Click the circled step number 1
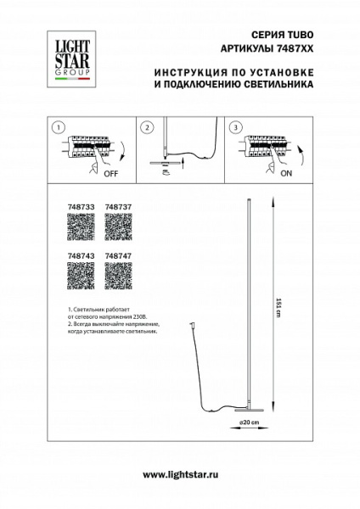[57, 127]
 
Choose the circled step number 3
[234, 127]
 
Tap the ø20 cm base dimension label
[247, 421]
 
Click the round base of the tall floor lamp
[247, 408]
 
